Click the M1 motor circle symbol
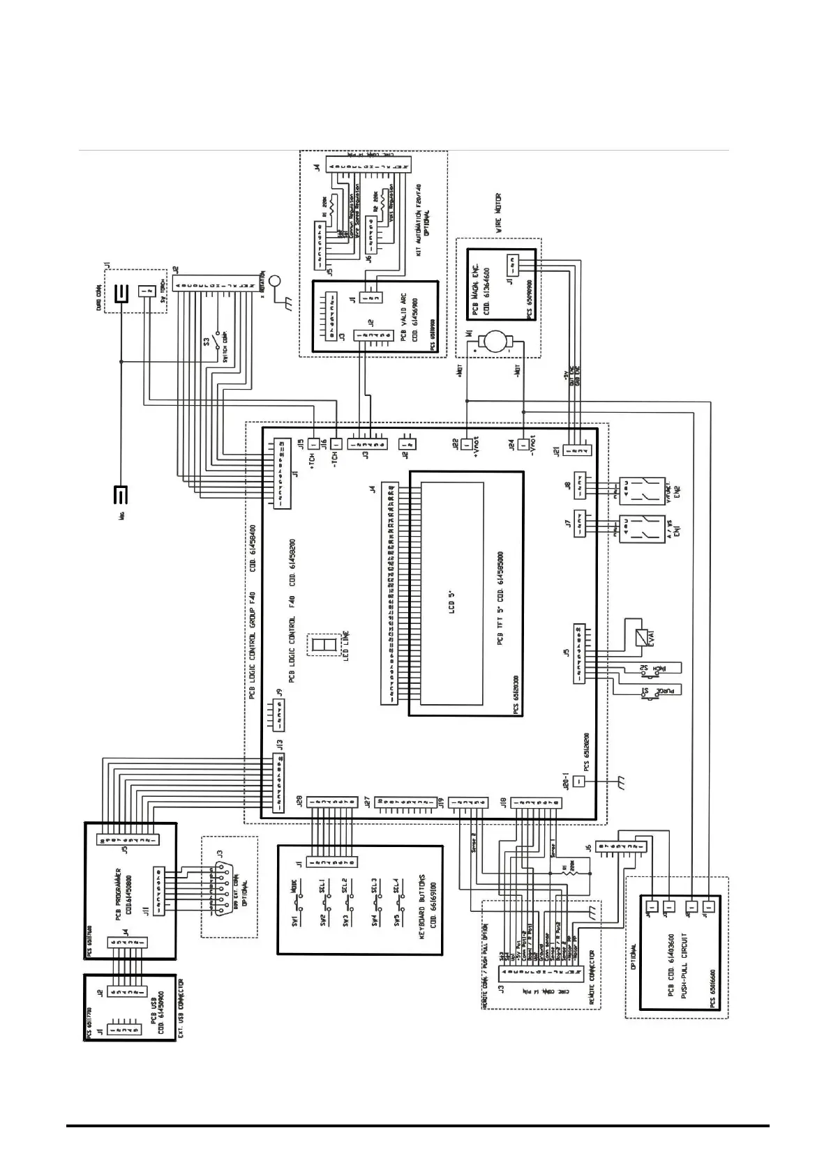(x=498, y=342)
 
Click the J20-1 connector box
(x=578, y=781)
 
